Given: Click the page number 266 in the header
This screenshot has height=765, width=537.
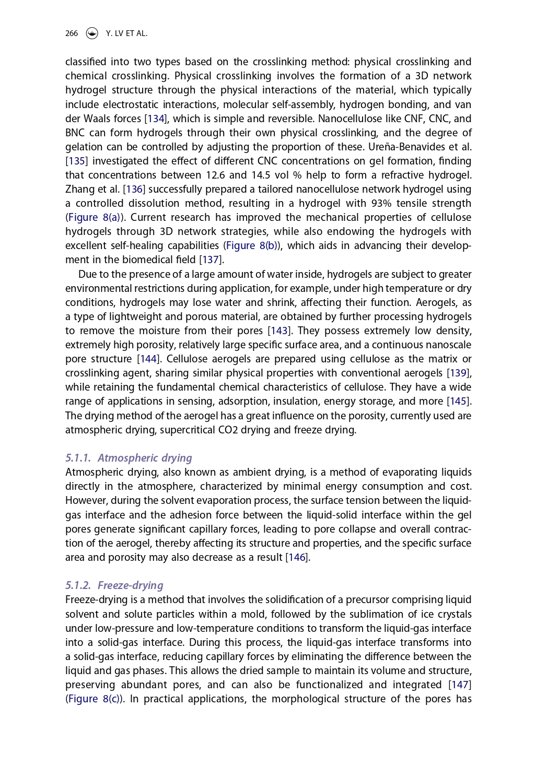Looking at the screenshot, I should click(72, 33).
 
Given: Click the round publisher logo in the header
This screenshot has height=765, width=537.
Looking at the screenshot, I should click(92, 33).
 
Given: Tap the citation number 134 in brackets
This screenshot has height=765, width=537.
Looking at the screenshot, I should click(156, 119).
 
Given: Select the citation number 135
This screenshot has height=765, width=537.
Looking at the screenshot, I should click(76, 161).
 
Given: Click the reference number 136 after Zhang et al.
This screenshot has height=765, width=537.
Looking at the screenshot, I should click(134, 190).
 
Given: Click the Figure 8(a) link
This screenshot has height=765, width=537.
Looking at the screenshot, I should click(95, 218).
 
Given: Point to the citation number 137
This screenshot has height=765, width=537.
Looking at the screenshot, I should click(211, 260).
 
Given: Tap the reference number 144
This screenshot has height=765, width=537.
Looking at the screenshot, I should click(148, 359).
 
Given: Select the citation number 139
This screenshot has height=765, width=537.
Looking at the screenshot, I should click(459, 373).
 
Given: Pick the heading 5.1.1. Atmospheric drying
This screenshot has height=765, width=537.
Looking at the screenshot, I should click(129, 458).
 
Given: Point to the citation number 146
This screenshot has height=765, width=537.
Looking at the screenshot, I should click(297, 558).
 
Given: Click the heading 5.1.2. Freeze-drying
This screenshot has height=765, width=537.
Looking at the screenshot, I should click(114, 585).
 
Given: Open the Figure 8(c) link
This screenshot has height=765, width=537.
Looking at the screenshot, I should click(95, 699).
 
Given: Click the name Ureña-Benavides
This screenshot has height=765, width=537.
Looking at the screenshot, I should click(407, 147).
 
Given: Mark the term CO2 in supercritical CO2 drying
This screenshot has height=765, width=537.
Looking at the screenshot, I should click(225, 430).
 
